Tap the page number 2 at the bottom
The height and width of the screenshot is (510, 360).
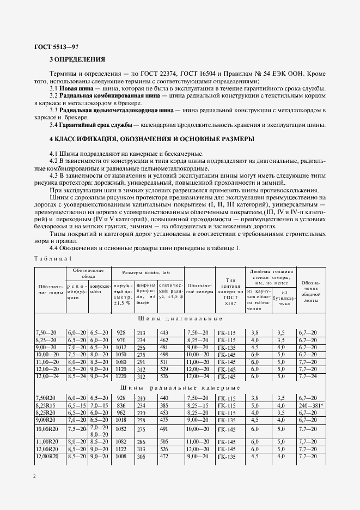click(x=34, y=476)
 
